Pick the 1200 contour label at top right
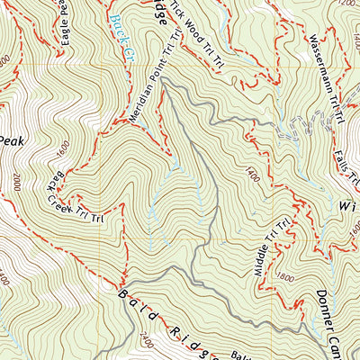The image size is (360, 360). tap(344, 4)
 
